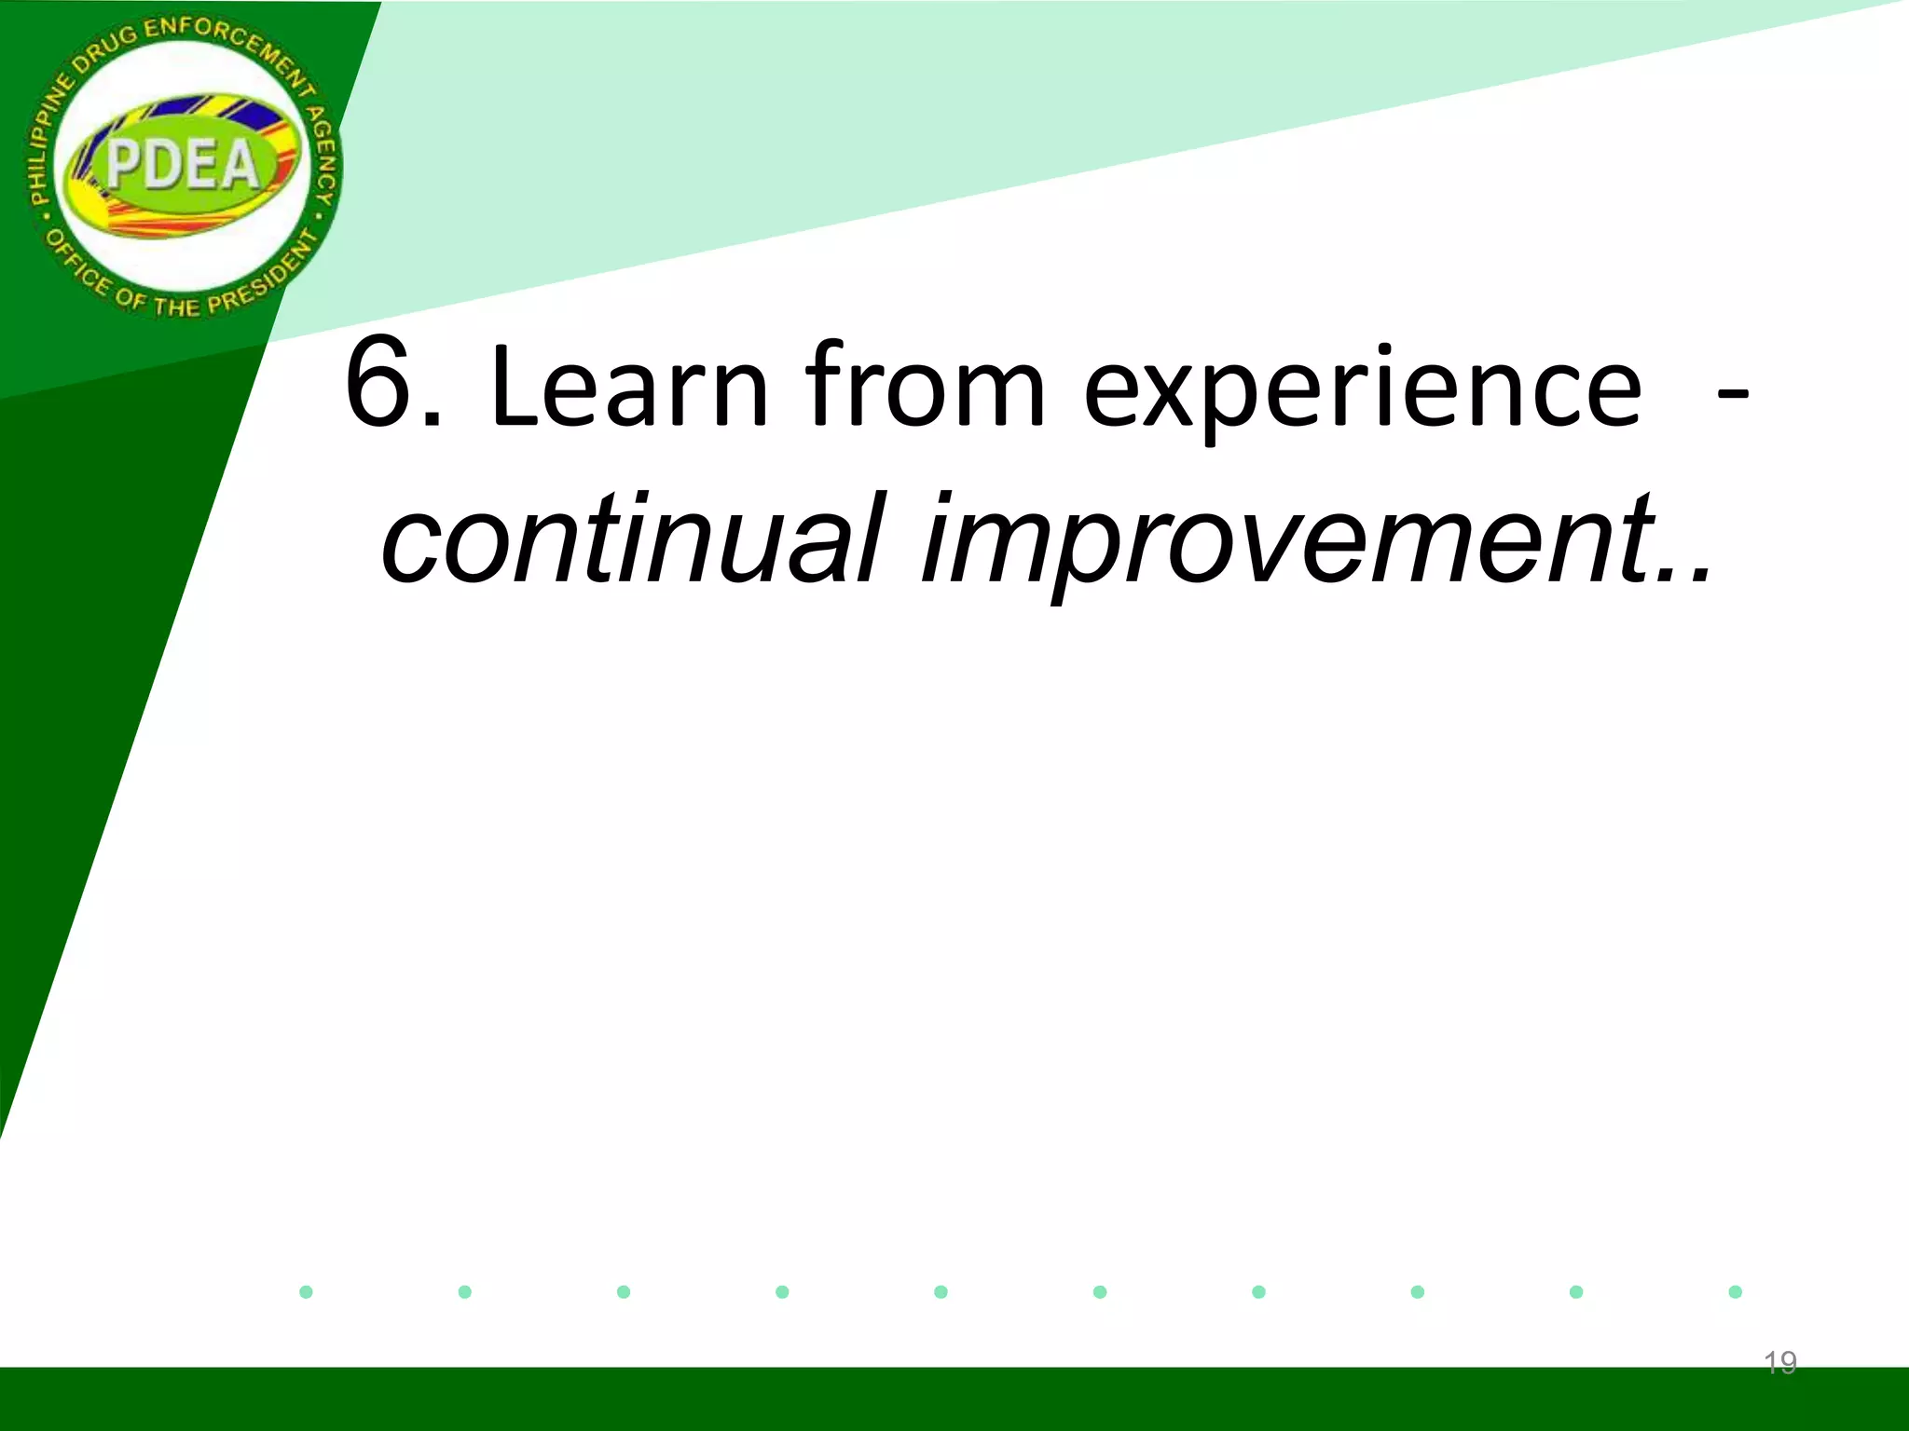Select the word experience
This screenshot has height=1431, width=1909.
click(1362, 391)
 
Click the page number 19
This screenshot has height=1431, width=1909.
click(1779, 1363)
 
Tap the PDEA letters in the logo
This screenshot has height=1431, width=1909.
click(183, 166)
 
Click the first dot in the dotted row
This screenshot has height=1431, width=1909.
click(306, 1291)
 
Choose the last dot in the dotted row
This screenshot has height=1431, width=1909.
click(1735, 1291)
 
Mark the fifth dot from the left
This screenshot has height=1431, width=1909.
click(941, 1291)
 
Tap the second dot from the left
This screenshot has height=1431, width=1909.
click(465, 1291)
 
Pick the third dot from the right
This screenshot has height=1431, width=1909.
click(1417, 1291)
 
